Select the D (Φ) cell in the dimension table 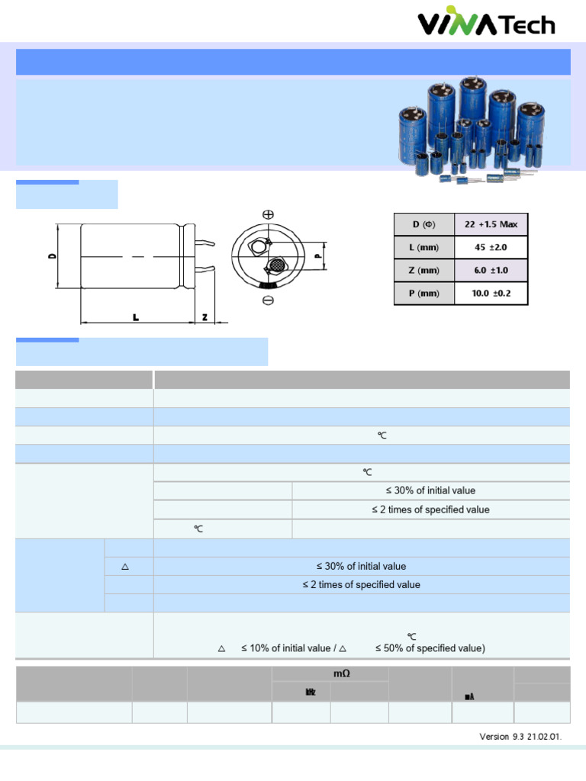point(424,224)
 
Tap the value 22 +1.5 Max point(491,224)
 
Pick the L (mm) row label point(424,247)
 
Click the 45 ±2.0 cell point(491,247)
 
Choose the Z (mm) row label point(424,270)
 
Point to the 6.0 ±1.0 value point(491,270)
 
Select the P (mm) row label point(424,293)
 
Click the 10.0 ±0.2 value point(491,293)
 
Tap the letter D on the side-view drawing point(52,256)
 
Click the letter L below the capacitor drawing point(135,317)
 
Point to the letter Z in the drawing point(204,317)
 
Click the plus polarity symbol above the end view point(268,215)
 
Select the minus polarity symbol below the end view point(268,301)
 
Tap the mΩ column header point(330,673)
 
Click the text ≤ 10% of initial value point(284,648)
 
